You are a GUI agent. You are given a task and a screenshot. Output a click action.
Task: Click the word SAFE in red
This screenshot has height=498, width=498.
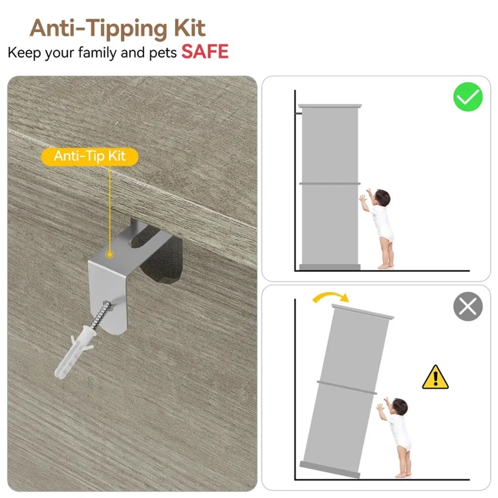click(205, 52)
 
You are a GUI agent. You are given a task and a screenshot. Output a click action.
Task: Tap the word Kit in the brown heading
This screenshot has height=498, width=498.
click(190, 29)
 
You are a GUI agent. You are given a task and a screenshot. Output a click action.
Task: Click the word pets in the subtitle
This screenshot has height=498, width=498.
click(162, 53)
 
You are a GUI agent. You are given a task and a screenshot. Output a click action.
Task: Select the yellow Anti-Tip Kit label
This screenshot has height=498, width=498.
click(90, 157)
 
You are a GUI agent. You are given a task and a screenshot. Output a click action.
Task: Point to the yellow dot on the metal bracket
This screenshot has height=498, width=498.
click(109, 254)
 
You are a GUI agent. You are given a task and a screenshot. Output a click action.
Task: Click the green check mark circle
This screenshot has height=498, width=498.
click(468, 97)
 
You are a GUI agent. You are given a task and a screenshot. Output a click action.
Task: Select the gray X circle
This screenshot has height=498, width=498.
click(468, 306)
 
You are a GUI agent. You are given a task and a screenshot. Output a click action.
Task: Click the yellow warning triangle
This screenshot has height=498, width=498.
click(435, 377)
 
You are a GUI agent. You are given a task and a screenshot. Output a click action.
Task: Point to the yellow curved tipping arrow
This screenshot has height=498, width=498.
click(330, 296)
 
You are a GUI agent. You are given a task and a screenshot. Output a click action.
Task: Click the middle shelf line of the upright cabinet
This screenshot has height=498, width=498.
click(330, 183)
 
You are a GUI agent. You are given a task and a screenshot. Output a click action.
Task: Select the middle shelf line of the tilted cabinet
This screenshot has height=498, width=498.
click(347, 388)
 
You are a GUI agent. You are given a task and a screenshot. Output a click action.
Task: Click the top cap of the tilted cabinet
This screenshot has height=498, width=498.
click(363, 311)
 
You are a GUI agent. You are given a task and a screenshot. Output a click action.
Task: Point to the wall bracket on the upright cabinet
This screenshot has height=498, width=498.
click(299, 113)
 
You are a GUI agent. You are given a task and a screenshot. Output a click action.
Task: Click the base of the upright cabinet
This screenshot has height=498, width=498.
click(330, 267)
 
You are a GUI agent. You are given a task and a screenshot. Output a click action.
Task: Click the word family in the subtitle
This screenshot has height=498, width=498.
click(97, 53)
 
